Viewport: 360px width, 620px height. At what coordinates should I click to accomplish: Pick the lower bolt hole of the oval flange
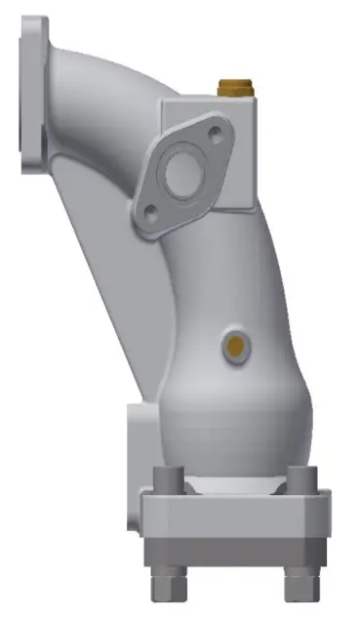click(148, 208)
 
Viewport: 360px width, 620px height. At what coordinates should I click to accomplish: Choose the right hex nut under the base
click(301, 586)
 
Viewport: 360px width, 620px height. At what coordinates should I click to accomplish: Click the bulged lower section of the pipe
click(234, 410)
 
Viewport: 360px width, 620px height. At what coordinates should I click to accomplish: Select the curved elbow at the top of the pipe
click(107, 68)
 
